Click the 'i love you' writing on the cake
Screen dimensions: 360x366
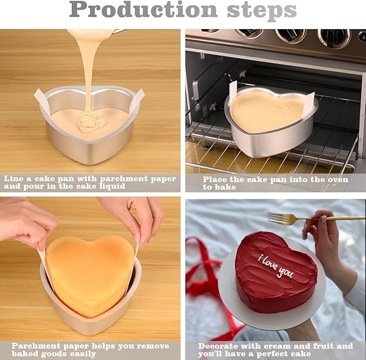[x=275, y=266]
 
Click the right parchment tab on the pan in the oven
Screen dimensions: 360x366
[x=308, y=103]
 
